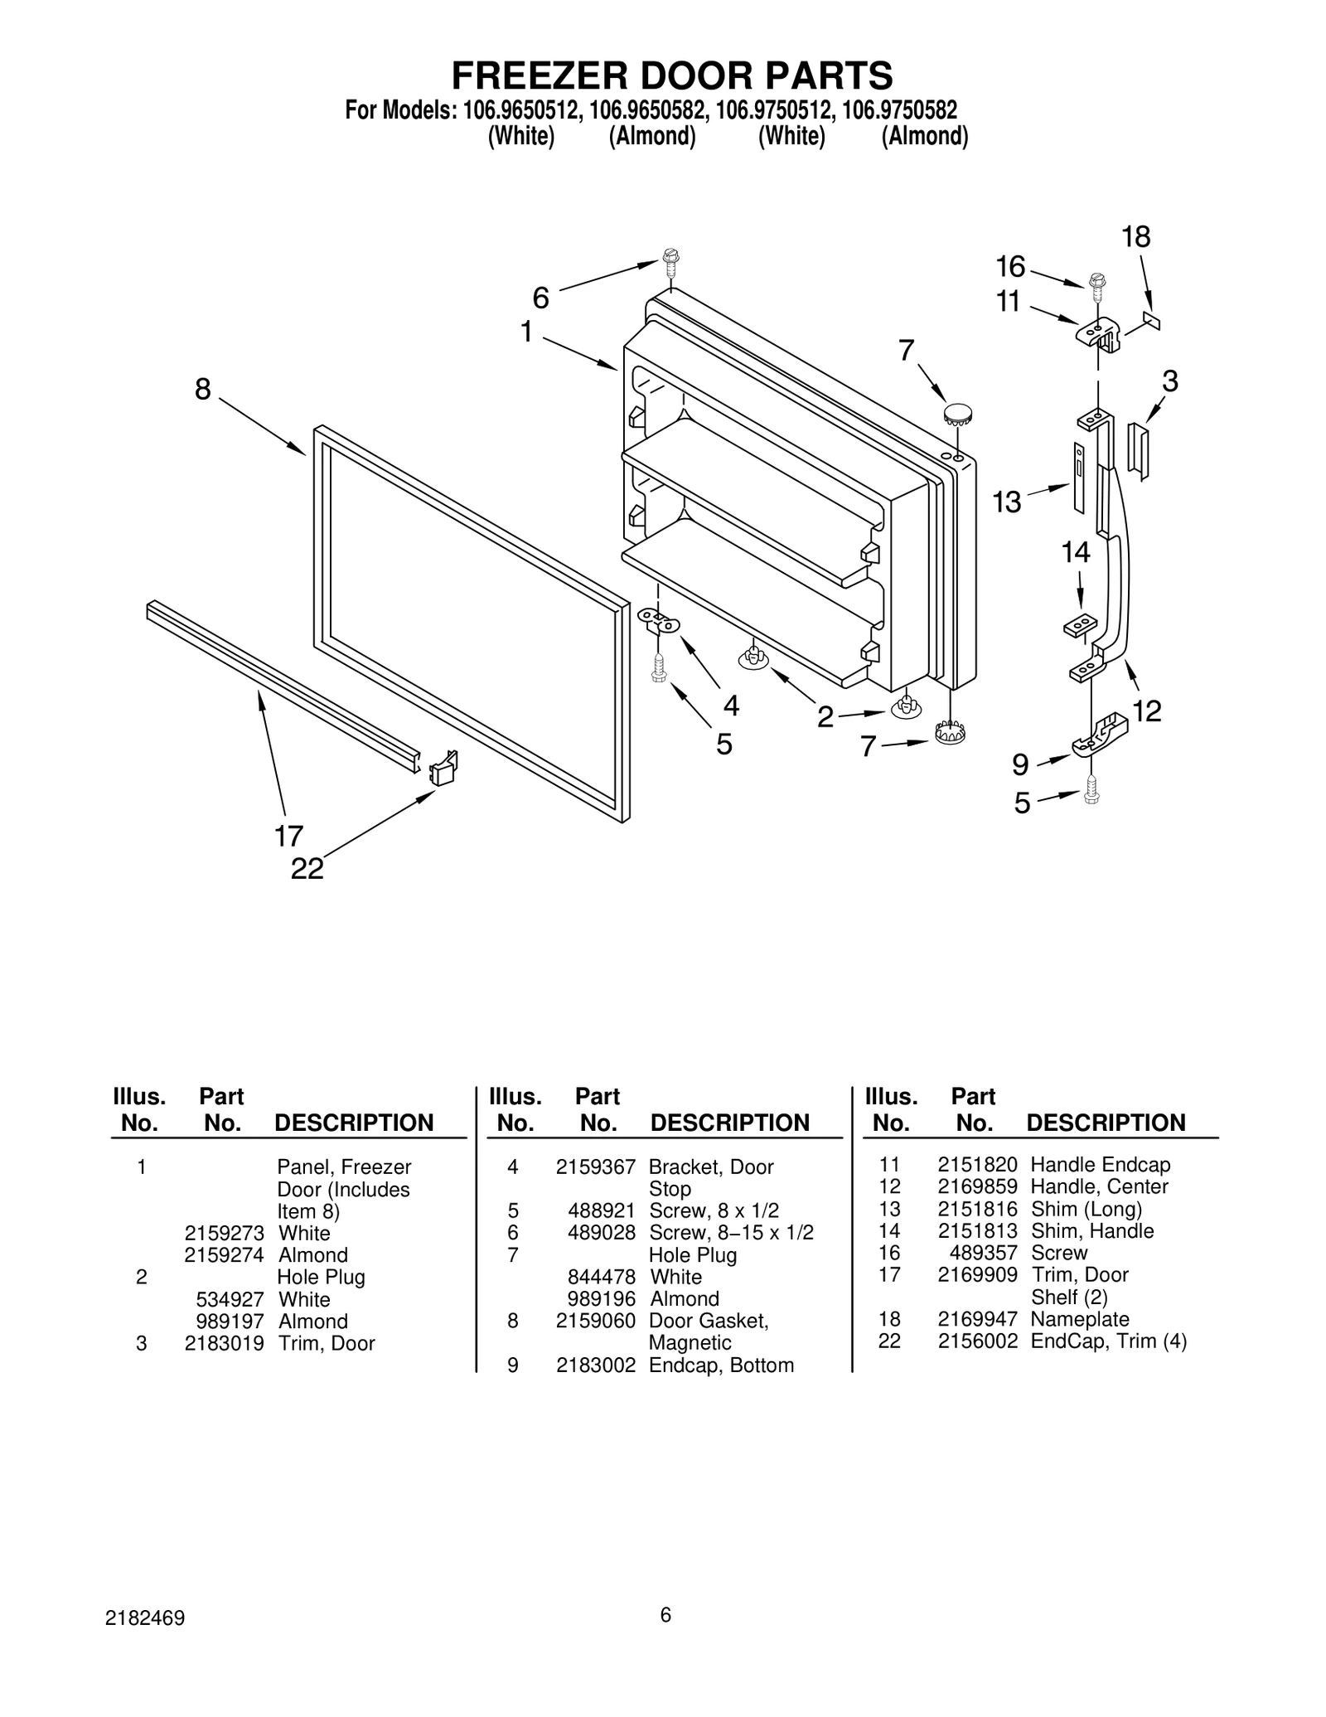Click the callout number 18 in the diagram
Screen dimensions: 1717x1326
[1135, 237]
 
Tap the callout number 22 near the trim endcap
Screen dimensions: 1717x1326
[307, 869]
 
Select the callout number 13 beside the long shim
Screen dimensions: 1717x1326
[1007, 502]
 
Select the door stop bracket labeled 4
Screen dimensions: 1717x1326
[658, 620]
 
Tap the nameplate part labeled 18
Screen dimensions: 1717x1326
[1151, 320]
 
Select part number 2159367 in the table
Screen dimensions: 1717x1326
[595, 1167]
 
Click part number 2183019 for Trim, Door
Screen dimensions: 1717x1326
[224, 1343]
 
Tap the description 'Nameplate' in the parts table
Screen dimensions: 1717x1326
[1079, 1319]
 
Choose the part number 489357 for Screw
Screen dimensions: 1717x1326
[983, 1253]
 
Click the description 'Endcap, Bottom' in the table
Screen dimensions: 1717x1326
[720, 1365]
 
